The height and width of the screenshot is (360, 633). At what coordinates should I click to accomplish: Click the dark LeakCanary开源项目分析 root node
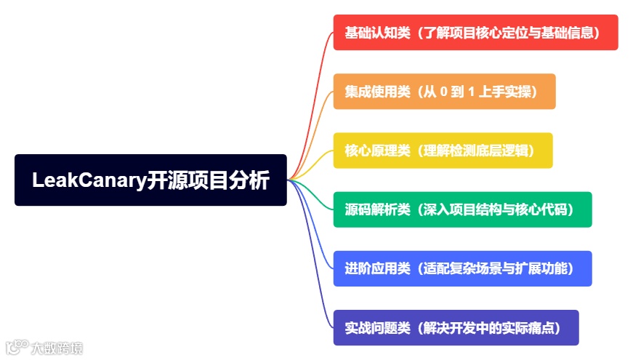tap(150, 180)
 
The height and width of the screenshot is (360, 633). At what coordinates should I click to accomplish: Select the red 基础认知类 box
tap(475, 33)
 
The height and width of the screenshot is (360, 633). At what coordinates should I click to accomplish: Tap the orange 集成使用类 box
tap(444, 92)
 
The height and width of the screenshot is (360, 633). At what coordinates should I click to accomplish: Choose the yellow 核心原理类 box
tap(443, 151)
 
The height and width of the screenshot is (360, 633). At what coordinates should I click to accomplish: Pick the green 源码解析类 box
tap(462, 209)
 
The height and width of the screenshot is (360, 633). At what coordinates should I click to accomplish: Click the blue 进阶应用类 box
tap(462, 268)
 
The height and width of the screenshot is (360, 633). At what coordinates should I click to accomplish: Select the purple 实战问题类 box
tap(456, 327)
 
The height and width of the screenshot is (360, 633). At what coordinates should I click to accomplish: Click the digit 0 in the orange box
tap(444, 92)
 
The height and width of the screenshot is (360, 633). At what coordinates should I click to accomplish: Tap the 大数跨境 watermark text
tap(57, 348)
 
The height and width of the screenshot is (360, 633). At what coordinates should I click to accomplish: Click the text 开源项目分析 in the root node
tap(209, 180)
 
